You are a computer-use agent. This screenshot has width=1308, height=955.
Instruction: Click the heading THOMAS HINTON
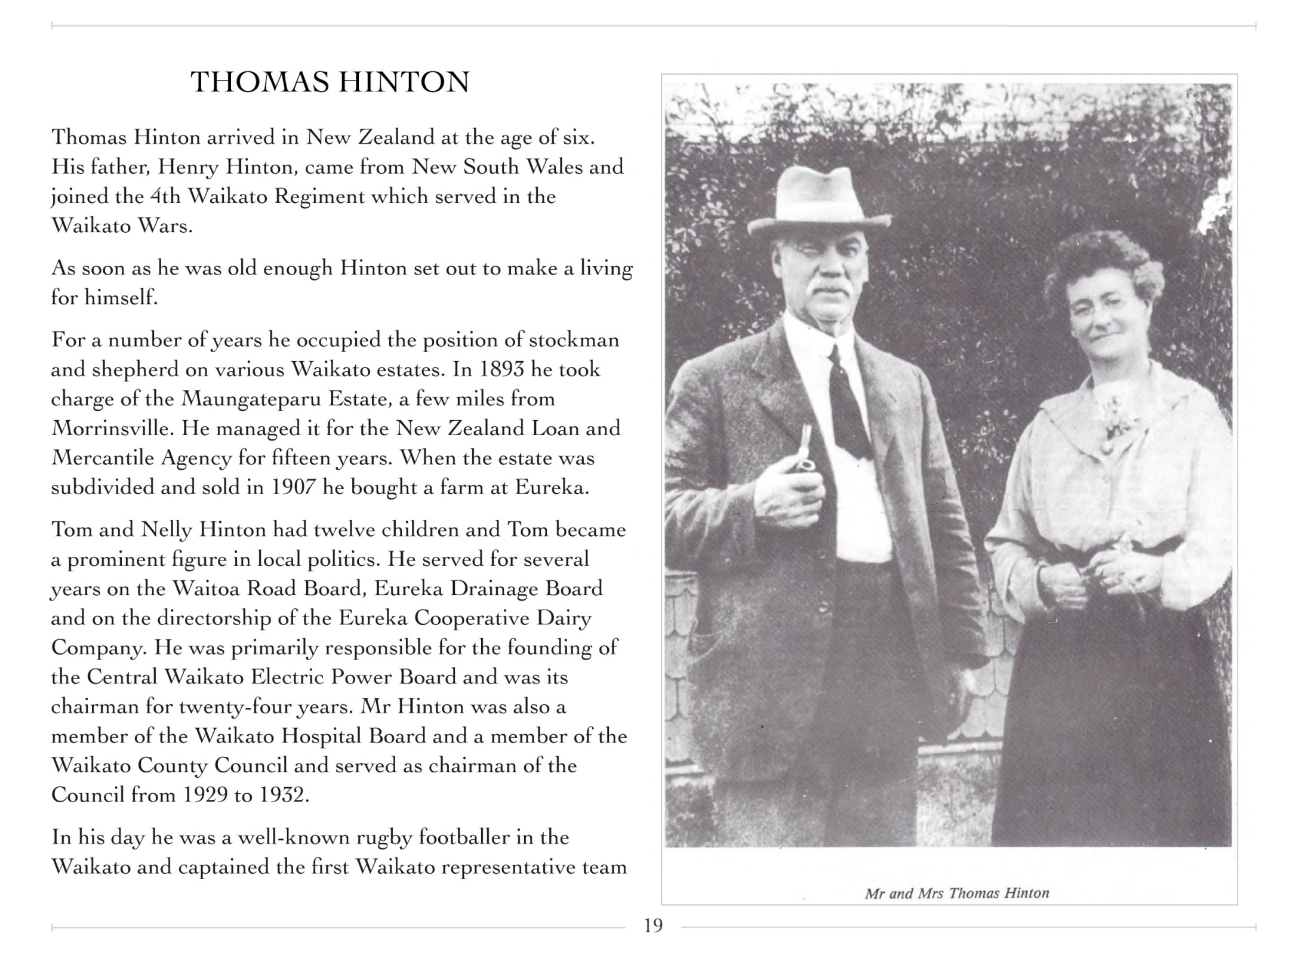[x=330, y=82]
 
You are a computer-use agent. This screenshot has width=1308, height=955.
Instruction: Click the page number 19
[x=653, y=926]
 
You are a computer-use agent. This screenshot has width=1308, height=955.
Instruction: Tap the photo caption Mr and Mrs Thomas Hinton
[x=956, y=894]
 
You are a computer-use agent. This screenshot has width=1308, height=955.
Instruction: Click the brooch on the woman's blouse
[x=1112, y=423]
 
